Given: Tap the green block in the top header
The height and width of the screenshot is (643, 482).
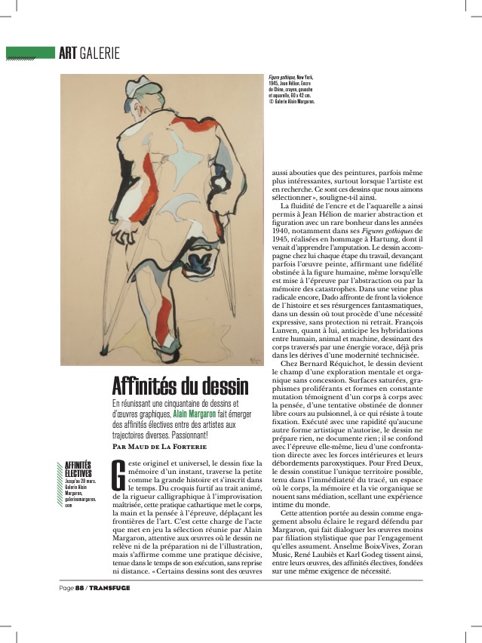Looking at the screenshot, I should (30, 53).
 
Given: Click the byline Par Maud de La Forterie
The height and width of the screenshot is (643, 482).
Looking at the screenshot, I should (158, 446).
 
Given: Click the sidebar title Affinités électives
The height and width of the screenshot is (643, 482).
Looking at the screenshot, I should (78, 469).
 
